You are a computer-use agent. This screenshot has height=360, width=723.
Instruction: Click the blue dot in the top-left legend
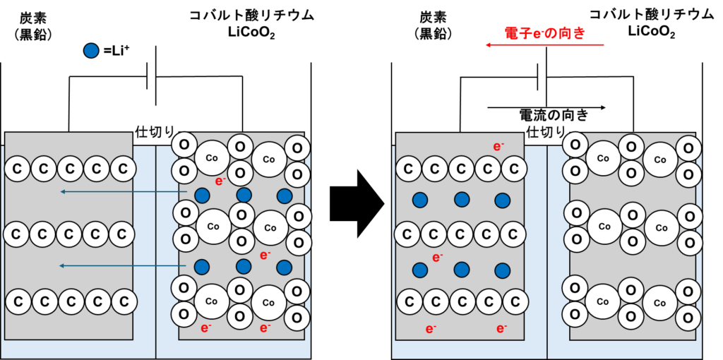91,50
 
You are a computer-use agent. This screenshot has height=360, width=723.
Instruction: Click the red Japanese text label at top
544,32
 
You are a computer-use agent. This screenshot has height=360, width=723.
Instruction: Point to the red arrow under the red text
544,45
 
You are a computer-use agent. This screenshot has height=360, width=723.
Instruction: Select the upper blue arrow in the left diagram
124,191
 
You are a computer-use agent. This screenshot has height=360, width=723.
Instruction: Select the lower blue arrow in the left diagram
124,265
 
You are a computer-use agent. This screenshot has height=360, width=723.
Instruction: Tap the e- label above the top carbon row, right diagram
498,147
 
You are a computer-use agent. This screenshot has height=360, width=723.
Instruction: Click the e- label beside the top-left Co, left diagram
220,181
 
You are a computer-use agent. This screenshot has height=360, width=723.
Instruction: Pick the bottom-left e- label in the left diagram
205,328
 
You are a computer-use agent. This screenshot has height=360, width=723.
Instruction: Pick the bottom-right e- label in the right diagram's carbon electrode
501,328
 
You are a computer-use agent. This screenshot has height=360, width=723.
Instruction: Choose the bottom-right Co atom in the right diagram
659,303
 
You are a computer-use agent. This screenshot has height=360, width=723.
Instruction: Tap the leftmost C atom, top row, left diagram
18,169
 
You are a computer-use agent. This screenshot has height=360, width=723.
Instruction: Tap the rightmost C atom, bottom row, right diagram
515,302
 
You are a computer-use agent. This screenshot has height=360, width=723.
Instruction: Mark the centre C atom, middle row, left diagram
69,234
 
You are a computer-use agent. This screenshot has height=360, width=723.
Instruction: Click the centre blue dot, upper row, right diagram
461,200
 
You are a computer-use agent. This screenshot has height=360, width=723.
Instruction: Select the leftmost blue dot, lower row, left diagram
202,267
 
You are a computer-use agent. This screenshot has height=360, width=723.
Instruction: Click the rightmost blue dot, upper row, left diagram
285,196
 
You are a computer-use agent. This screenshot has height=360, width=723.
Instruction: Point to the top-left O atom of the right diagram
575,145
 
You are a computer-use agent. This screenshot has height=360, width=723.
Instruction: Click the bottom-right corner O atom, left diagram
297,318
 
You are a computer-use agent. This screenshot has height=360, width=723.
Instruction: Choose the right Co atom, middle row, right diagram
662,228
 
